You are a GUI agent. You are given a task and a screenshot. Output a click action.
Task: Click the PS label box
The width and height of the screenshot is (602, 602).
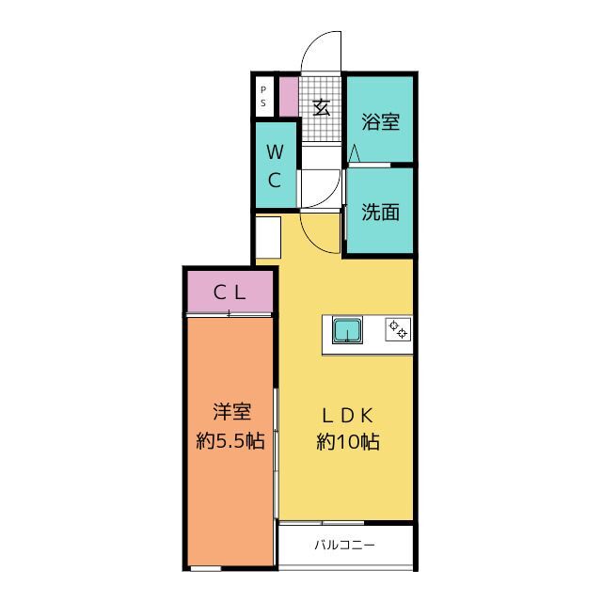(x=263, y=96)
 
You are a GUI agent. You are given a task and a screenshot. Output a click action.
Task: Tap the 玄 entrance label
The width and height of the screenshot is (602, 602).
(x=322, y=106)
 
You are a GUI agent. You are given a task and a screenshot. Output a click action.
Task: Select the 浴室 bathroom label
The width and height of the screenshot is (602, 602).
(x=381, y=122)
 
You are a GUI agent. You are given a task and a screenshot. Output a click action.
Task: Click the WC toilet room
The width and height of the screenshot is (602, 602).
(x=275, y=166)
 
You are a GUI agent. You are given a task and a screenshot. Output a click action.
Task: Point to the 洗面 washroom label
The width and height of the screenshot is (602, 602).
(x=381, y=212)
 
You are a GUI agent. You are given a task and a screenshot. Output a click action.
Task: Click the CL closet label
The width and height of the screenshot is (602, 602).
(x=229, y=292)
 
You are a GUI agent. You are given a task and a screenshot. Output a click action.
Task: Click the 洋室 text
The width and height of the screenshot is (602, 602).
(x=230, y=411)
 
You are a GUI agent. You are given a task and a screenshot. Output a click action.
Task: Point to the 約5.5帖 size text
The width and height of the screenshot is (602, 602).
(x=230, y=440)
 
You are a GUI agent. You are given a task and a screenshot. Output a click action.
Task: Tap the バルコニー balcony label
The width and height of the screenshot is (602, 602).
(x=345, y=545)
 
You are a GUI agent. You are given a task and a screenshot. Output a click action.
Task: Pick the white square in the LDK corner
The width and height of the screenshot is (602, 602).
(x=267, y=236)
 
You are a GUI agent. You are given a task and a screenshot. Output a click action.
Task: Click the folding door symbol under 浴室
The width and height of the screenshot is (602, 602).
(x=355, y=153)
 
